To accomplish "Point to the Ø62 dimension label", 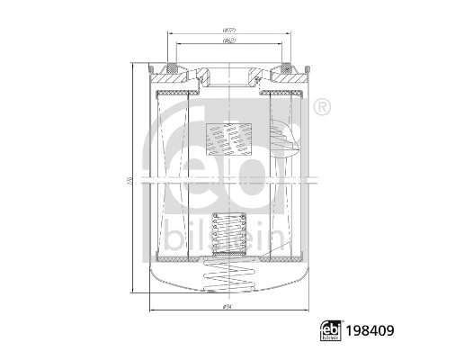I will [229, 41].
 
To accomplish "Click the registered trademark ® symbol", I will [322, 108].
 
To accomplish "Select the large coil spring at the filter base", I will [228, 270].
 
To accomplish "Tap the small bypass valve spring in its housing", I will [228, 235].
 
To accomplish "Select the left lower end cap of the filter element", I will [176, 254].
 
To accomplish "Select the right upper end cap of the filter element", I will [281, 94].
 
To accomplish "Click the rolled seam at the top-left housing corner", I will [149, 67].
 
